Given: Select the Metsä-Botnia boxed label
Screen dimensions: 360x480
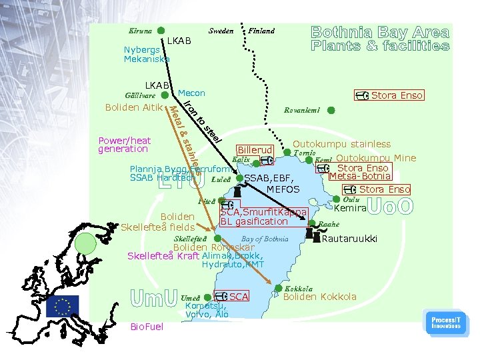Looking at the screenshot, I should click(x=360, y=176).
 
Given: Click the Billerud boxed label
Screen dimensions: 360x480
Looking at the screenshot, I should click(x=255, y=151).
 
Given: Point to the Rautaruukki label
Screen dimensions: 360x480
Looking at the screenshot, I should click(x=349, y=238).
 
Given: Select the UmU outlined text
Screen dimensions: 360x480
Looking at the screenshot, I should click(x=153, y=297).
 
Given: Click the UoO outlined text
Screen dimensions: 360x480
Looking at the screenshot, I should click(x=390, y=207).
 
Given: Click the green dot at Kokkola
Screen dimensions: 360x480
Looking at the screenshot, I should click(x=278, y=289).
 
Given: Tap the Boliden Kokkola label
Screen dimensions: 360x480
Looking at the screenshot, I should click(x=320, y=297).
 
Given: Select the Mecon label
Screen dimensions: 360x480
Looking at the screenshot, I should click(x=192, y=93).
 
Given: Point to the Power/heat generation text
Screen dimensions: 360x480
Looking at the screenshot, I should click(x=125, y=145).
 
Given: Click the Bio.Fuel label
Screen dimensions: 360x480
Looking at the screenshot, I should click(x=146, y=327).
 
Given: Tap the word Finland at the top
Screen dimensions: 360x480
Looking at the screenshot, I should click(x=261, y=31).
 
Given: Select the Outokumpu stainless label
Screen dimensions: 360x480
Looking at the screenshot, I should click(x=342, y=144).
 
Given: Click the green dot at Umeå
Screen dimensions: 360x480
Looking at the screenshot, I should click(x=208, y=297).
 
